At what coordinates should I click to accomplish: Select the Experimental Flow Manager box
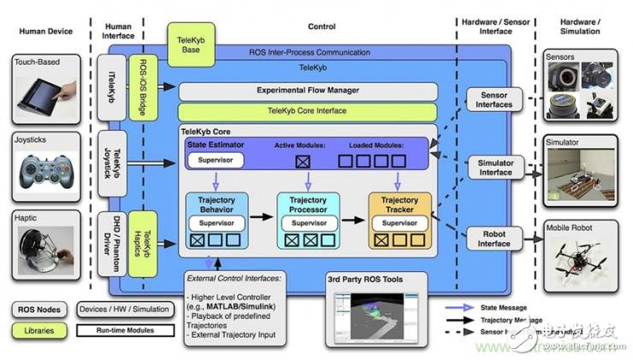pos(306,90)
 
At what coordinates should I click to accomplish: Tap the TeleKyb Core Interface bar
pos(306,111)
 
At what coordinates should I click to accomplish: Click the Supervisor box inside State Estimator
pos(216,160)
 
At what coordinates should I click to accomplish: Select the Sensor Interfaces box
pos(494,98)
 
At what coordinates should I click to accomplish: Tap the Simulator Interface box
pos(494,167)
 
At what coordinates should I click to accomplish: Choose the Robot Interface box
pos(494,237)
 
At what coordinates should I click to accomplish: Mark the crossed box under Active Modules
pos(302,161)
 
